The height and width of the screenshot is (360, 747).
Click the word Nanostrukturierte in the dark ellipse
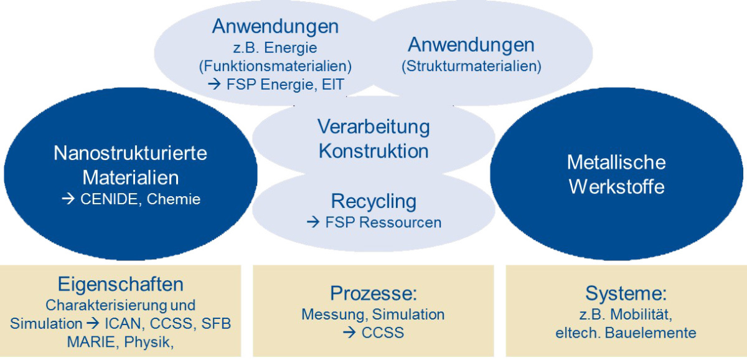point(130,153)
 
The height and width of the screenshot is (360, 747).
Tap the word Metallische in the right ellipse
point(616,163)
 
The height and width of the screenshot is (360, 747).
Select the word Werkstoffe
point(616,187)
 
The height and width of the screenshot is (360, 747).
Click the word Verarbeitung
point(374,126)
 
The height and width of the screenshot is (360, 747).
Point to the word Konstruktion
point(374,151)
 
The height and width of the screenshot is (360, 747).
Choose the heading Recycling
point(374,201)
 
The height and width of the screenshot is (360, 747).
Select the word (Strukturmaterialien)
point(471,66)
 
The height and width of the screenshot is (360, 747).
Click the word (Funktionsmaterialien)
point(275,65)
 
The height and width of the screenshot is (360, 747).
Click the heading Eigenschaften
point(121,285)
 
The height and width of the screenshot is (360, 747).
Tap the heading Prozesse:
point(374,293)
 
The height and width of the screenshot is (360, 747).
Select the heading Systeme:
point(626,293)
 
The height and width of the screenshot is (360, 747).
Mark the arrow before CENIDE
point(68,201)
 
